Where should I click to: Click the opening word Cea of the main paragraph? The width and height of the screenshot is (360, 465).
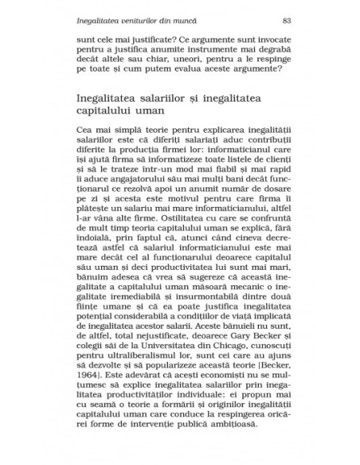click(x=85, y=128)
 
